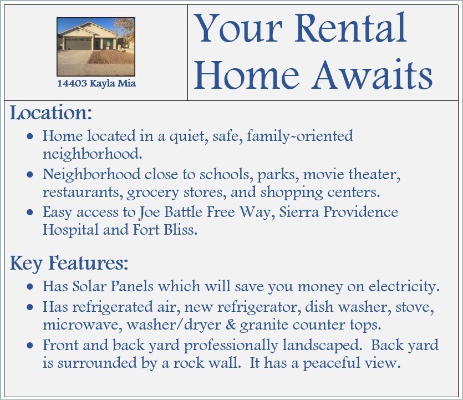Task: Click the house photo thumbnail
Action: (96, 47)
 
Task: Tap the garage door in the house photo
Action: (78, 44)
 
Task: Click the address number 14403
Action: (72, 83)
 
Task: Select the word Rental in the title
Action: (350, 28)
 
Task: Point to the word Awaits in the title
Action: (373, 75)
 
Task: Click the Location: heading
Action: (51, 113)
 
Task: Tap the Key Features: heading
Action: (69, 263)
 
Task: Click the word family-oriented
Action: (300, 136)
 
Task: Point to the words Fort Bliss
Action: (165, 230)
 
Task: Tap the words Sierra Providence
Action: (339, 212)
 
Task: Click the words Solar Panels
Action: (113, 286)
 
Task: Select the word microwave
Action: (83, 325)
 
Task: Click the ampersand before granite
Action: (231, 325)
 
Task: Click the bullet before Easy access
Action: (30, 212)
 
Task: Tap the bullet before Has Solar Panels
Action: (30, 287)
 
